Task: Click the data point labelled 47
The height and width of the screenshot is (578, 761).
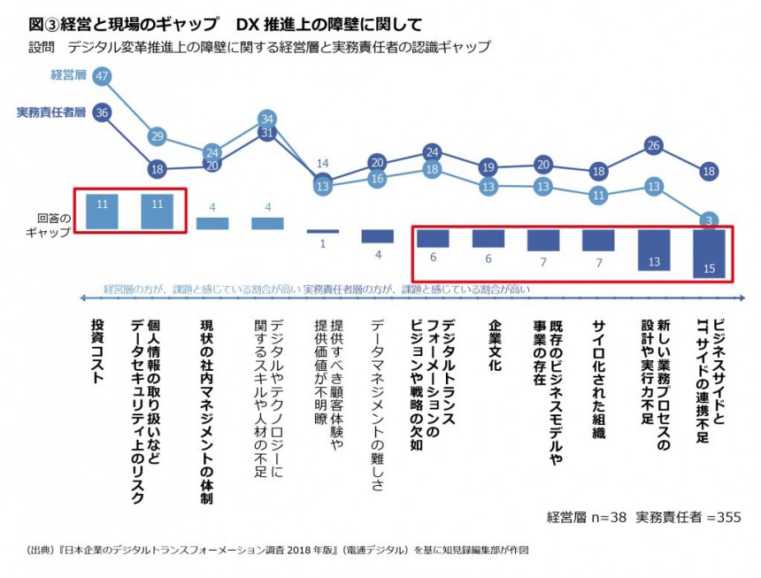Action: pos(103,76)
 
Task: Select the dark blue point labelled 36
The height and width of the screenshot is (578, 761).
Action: pos(103,112)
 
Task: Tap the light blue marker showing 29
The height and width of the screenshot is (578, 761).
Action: pos(158,136)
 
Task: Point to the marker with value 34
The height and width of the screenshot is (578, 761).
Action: pos(267,118)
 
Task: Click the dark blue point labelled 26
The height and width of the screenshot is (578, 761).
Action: pos(654,145)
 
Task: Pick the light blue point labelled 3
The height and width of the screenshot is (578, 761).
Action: pos(710,220)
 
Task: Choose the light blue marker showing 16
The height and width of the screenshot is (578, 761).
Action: pos(377,179)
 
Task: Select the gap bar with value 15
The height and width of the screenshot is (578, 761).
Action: pos(710,255)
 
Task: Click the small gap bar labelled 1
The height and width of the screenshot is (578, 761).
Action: pos(322,232)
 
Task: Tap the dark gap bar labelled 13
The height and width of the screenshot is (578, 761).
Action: pos(654,250)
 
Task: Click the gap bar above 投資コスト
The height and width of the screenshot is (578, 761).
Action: pos(103,209)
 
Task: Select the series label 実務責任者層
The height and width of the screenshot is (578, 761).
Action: pos(51,112)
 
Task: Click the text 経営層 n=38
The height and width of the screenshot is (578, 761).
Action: pos(587,517)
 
